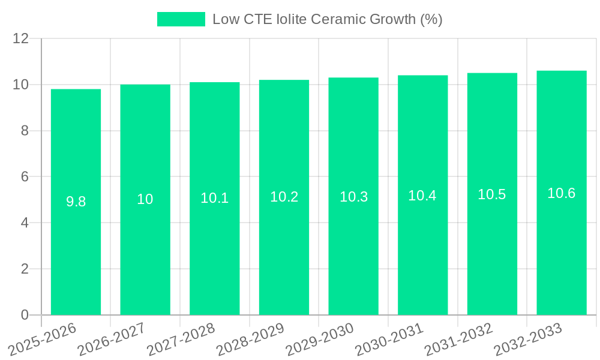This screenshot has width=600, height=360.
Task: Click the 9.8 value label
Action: (76, 202)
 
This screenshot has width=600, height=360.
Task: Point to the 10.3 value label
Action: (353, 197)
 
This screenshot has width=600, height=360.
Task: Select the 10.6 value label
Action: (561, 193)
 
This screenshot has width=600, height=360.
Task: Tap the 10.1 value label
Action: (214, 198)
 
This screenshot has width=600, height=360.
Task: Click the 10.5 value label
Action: (491, 194)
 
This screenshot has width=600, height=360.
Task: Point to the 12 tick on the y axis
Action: (21, 38)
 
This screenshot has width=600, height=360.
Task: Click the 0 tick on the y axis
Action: (25, 315)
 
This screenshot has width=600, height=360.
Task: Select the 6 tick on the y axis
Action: (25, 177)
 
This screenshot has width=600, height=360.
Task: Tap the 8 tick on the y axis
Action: (25, 131)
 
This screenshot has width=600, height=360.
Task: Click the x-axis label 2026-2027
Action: (111, 340)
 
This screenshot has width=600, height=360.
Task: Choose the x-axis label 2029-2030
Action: (320, 340)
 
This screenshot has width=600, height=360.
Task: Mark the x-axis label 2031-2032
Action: (458, 340)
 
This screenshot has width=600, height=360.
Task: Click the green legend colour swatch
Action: (181, 19)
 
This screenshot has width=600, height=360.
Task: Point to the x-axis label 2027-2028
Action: (181, 340)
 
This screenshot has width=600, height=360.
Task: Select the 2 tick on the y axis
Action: (25, 269)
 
